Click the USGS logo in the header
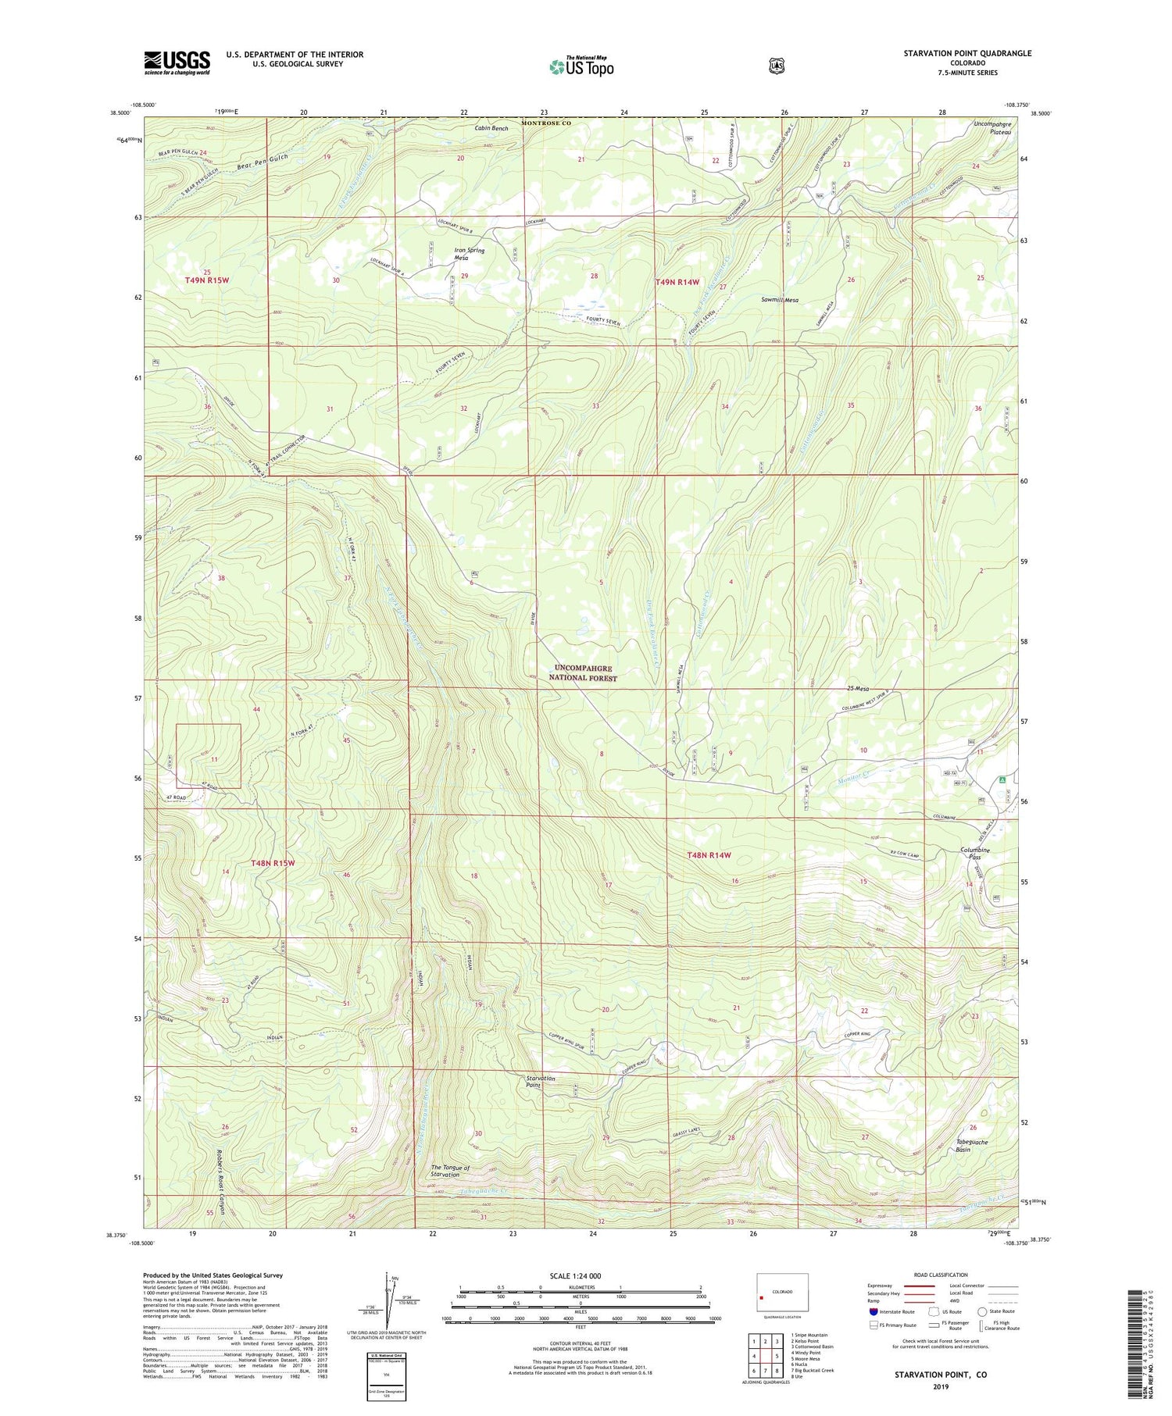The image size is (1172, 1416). pos(177,62)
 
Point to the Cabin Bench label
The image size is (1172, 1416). pos(491,128)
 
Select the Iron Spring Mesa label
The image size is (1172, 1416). pos(470,255)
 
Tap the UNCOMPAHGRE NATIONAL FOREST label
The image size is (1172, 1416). pos(584,673)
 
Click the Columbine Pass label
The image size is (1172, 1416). pos(974,854)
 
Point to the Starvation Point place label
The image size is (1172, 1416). pos(540,1082)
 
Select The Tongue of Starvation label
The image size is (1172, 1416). pos(450,1172)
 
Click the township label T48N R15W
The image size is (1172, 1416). pos(273,863)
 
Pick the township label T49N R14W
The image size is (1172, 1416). pos(677,282)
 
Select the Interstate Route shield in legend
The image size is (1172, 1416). pos(874,1312)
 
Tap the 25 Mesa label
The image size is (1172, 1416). pos(857,689)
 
